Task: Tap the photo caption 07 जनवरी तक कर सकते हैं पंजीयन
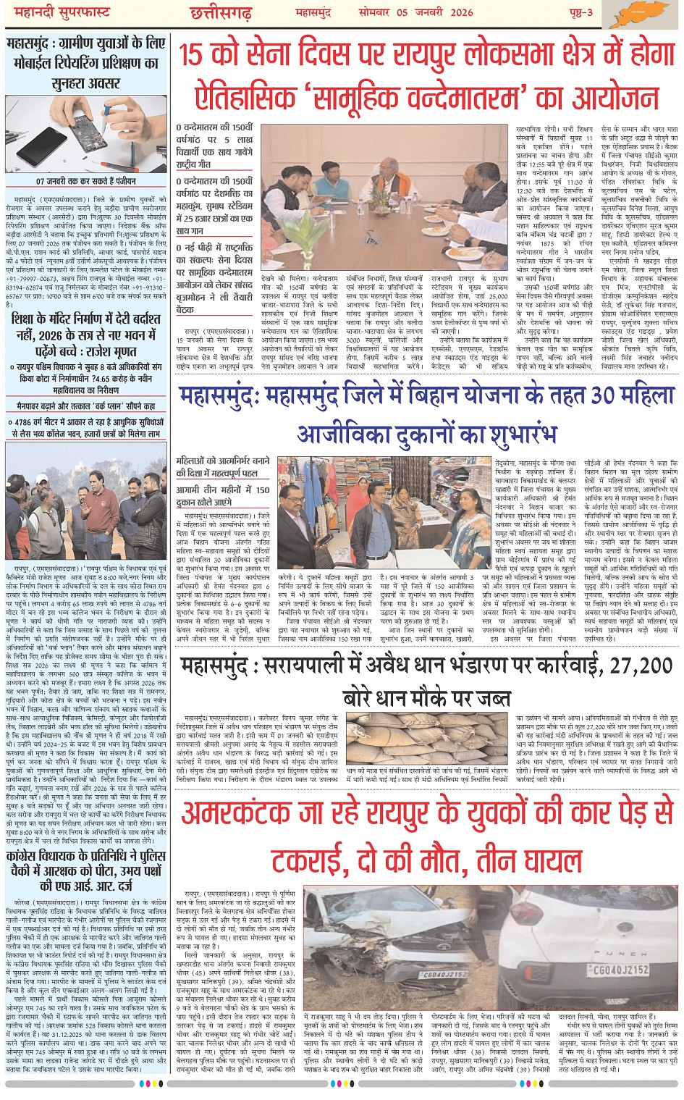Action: point(86,182)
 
